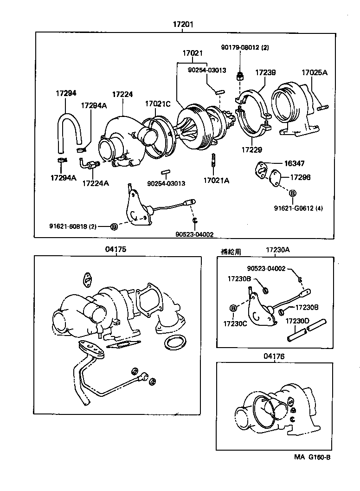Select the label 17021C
[x=158, y=104]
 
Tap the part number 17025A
[x=314, y=72]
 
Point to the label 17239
[x=265, y=72]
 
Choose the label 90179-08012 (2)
[x=244, y=48]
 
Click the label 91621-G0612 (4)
[x=299, y=208]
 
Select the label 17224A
[x=96, y=183]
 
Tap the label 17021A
[x=216, y=181]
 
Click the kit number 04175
[x=116, y=249]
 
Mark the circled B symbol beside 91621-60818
[x=114, y=226]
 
